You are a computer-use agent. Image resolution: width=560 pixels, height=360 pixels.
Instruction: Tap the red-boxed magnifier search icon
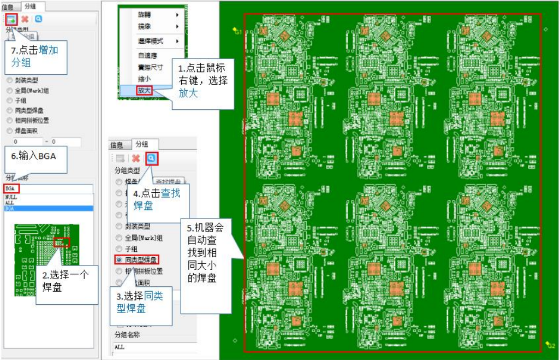[151, 158]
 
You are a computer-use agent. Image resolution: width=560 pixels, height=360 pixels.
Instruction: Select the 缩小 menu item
[144, 79]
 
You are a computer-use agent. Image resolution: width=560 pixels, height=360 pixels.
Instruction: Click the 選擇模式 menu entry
[150, 41]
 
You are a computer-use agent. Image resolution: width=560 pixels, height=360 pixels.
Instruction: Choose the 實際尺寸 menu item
[148, 67]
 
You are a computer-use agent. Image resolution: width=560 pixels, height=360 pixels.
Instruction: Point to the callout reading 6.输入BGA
[34, 155]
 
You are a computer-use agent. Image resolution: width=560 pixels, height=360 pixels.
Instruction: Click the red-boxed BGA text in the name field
[11, 188]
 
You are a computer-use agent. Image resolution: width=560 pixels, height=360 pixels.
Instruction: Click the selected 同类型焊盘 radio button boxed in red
[119, 259]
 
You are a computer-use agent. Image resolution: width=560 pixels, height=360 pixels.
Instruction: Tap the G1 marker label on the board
[237, 32]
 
